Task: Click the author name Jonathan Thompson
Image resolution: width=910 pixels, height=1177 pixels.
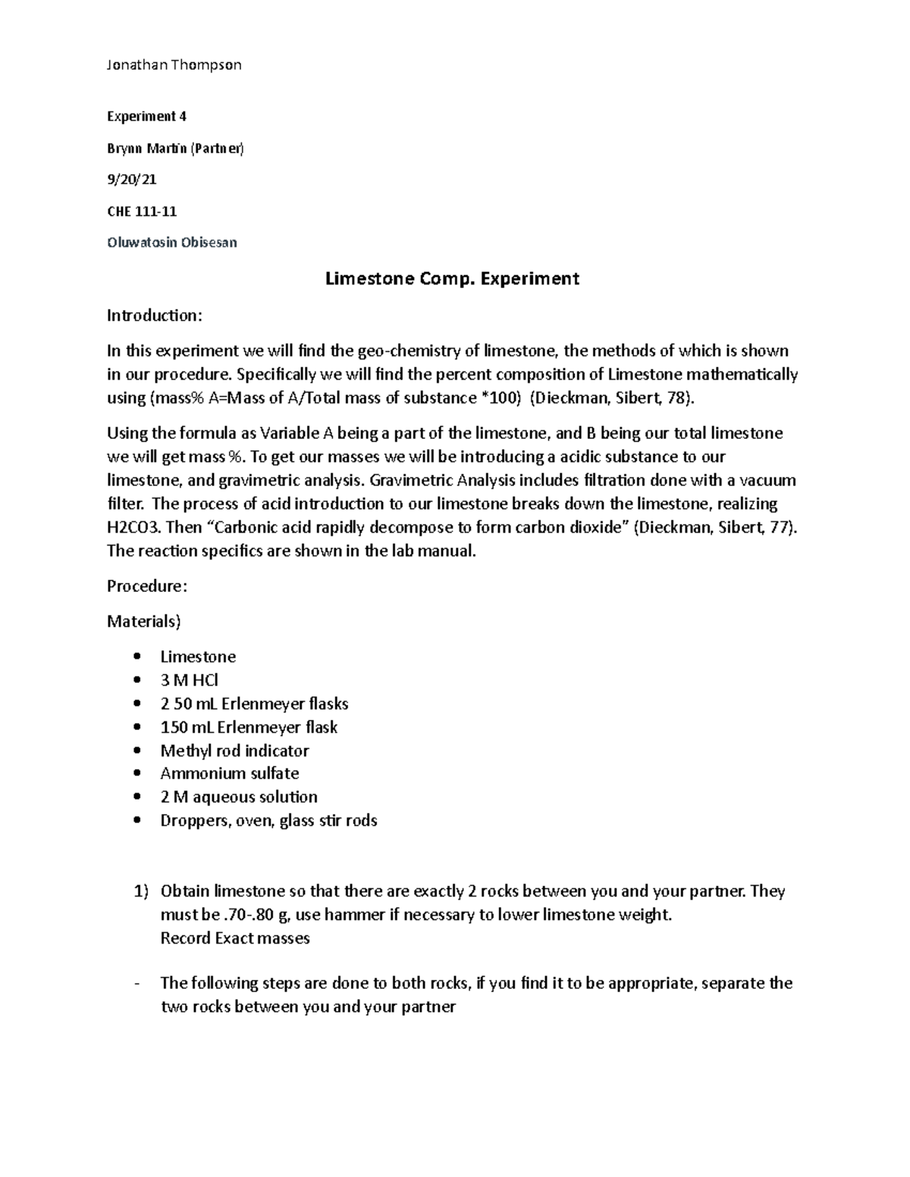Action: [174, 64]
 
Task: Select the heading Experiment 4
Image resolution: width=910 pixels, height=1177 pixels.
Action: [146, 116]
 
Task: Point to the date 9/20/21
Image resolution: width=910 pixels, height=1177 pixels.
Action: [132, 180]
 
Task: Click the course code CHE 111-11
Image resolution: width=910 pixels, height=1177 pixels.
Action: [142, 211]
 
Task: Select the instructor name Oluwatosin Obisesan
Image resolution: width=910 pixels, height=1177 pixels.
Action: [172, 243]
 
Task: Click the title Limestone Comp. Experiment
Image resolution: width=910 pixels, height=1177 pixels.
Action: [452, 278]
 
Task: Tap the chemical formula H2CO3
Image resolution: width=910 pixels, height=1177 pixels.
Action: [133, 527]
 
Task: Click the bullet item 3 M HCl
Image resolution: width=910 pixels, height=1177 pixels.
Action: [190, 680]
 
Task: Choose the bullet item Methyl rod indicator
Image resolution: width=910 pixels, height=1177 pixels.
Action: [234, 750]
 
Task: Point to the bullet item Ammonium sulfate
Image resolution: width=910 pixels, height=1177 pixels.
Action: [229, 773]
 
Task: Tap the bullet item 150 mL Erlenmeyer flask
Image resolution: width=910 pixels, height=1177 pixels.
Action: [249, 727]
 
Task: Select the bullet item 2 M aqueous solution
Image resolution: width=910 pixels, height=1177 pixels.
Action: [239, 797]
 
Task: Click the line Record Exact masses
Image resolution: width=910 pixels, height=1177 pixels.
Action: [235, 938]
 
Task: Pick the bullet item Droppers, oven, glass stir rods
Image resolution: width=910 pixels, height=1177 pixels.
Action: [268, 820]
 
